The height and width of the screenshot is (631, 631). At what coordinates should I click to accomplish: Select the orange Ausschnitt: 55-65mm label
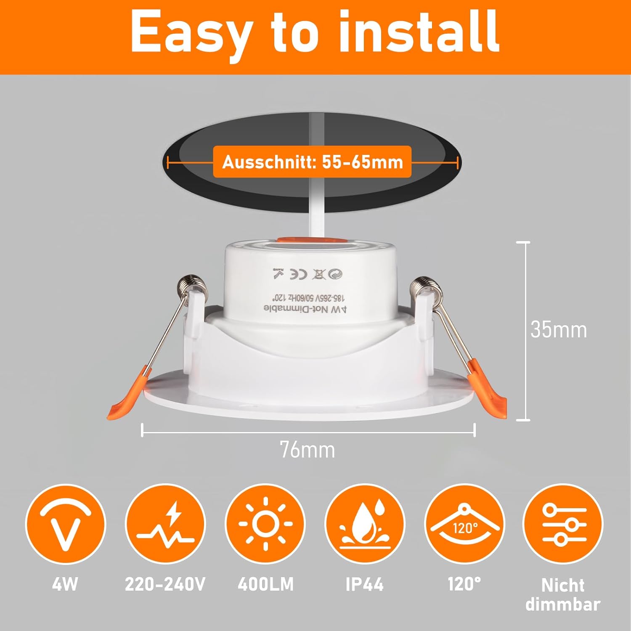pos(312,162)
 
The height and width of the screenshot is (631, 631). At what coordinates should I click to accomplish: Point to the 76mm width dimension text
pos(308,450)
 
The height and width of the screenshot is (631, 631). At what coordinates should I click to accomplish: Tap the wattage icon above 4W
pos(65,524)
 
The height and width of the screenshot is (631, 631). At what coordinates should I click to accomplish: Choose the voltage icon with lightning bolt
pos(165,524)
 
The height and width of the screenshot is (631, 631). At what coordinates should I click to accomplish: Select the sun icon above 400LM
pos(265,524)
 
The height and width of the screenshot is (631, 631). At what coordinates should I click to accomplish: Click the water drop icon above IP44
pos(365,524)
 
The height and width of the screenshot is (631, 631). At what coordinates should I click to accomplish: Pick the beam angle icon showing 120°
pos(464,524)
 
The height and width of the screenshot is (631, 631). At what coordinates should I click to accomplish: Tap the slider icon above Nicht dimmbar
pos(563,524)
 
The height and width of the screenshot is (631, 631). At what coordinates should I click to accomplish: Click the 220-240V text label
pos(165,584)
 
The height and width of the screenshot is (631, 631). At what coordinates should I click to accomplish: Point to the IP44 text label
pos(364,584)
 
